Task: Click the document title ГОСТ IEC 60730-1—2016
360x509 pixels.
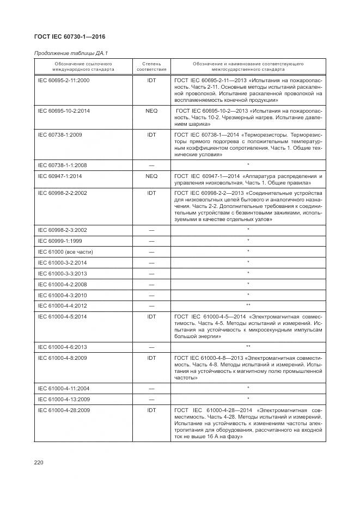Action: [x=70, y=37]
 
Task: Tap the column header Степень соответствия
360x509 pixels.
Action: [x=151, y=67]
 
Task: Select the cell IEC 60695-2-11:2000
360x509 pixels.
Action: [x=64, y=81]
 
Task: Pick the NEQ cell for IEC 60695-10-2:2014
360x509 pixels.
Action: [x=151, y=111]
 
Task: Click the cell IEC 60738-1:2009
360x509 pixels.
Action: [x=60, y=134]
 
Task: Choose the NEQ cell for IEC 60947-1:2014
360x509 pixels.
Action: [x=151, y=176]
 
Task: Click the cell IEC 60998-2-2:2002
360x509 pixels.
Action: [x=62, y=193]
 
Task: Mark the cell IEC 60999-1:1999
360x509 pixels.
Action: [x=60, y=240]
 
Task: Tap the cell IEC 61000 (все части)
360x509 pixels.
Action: [x=65, y=251]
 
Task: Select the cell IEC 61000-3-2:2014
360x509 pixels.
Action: [x=62, y=262]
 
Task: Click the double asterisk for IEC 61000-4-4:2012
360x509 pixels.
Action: [x=248, y=305]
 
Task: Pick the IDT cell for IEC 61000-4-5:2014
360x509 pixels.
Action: [x=151, y=316]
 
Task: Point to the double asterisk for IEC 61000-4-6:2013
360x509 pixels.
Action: [x=248, y=346]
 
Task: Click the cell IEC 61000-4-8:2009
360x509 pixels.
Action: [x=62, y=358]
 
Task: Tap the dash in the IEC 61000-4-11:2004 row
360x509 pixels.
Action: [x=151, y=388]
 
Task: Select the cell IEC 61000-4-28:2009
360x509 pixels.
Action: [x=64, y=410]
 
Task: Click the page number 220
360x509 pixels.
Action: [x=39, y=462]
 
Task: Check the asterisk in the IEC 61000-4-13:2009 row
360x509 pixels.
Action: [x=248, y=398]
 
